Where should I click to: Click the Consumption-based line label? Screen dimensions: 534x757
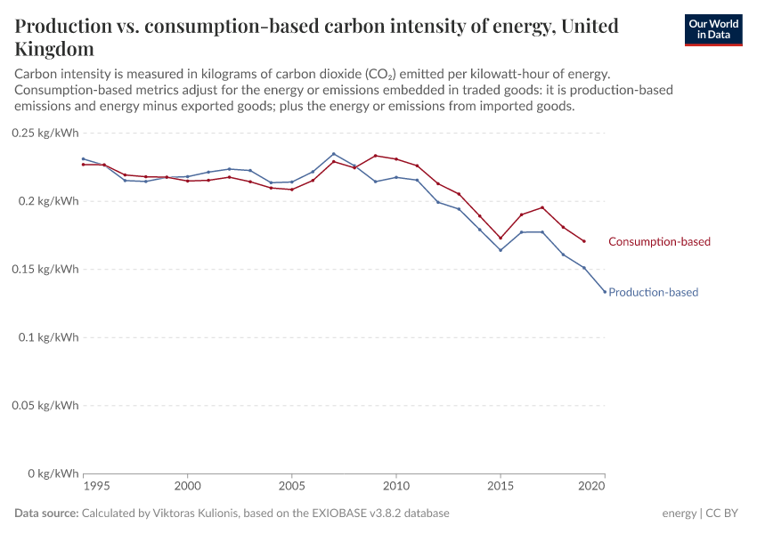click(x=659, y=241)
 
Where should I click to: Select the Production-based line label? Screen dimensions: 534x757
click(x=653, y=292)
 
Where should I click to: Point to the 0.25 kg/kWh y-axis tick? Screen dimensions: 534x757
click(x=45, y=133)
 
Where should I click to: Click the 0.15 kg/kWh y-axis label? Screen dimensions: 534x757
click(x=45, y=269)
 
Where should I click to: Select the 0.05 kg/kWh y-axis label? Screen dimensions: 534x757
click(x=45, y=405)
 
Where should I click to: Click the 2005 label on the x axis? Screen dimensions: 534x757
click(x=291, y=487)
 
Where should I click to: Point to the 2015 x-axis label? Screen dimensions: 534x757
click(x=501, y=487)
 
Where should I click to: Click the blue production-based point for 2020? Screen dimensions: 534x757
click(x=605, y=292)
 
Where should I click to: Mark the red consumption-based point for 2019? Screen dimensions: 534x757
click(x=584, y=241)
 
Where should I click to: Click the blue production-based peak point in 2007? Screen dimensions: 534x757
click(x=333, y=154)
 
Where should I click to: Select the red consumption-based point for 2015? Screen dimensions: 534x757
click(x=501, y=238)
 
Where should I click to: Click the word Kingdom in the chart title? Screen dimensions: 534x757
click(x=53, y=48)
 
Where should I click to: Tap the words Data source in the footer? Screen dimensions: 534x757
click(x=46, y=514)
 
